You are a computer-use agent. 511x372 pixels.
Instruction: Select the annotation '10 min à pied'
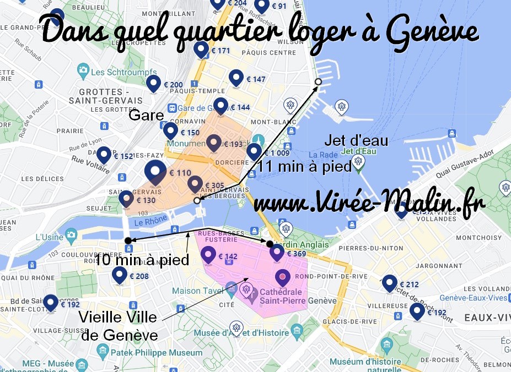142,260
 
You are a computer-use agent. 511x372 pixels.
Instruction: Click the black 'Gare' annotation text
146,116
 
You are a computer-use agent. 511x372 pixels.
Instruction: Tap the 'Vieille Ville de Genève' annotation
119,326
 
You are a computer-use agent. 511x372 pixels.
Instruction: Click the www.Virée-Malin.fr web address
368,202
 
